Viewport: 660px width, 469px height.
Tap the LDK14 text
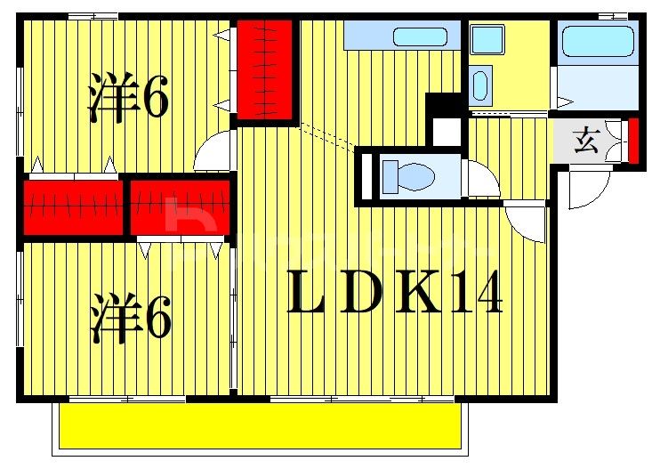point(395,293)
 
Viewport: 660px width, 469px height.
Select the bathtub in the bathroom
point(597,40)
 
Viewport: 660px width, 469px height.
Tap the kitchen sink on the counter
point(421,37)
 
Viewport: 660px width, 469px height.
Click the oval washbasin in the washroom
point(480,85)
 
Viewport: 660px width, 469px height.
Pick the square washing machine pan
point(487,39)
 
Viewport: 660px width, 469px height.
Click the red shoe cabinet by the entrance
point(633,140)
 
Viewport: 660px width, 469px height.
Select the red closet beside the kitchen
point(264,71)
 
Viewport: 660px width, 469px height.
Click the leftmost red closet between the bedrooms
point(73,208)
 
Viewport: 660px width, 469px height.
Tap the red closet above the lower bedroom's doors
point(181,207)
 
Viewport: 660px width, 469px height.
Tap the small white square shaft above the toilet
point(446,132)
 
